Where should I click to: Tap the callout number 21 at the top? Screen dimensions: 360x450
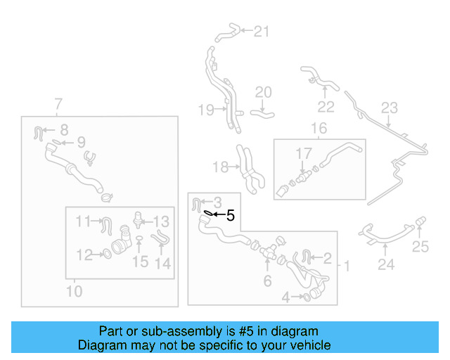(x=261, y=31)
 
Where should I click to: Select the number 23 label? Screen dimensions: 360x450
(x=389, y=108)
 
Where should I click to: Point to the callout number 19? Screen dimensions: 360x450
(x=205, y=109)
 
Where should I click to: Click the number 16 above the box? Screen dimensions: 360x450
(x=319, y=129)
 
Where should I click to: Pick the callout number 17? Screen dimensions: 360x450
(x=303, y=153)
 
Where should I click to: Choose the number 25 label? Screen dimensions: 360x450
(x=420, y=246)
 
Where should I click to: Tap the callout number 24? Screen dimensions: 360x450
(x=385, y=265)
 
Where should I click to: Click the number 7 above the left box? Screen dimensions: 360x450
(x=58, y=105)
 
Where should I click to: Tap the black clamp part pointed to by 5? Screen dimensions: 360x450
(x=209, y=213)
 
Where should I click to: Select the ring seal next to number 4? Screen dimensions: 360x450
(x=307, y=297)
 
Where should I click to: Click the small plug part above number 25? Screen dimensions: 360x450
(x=420, y=224)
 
